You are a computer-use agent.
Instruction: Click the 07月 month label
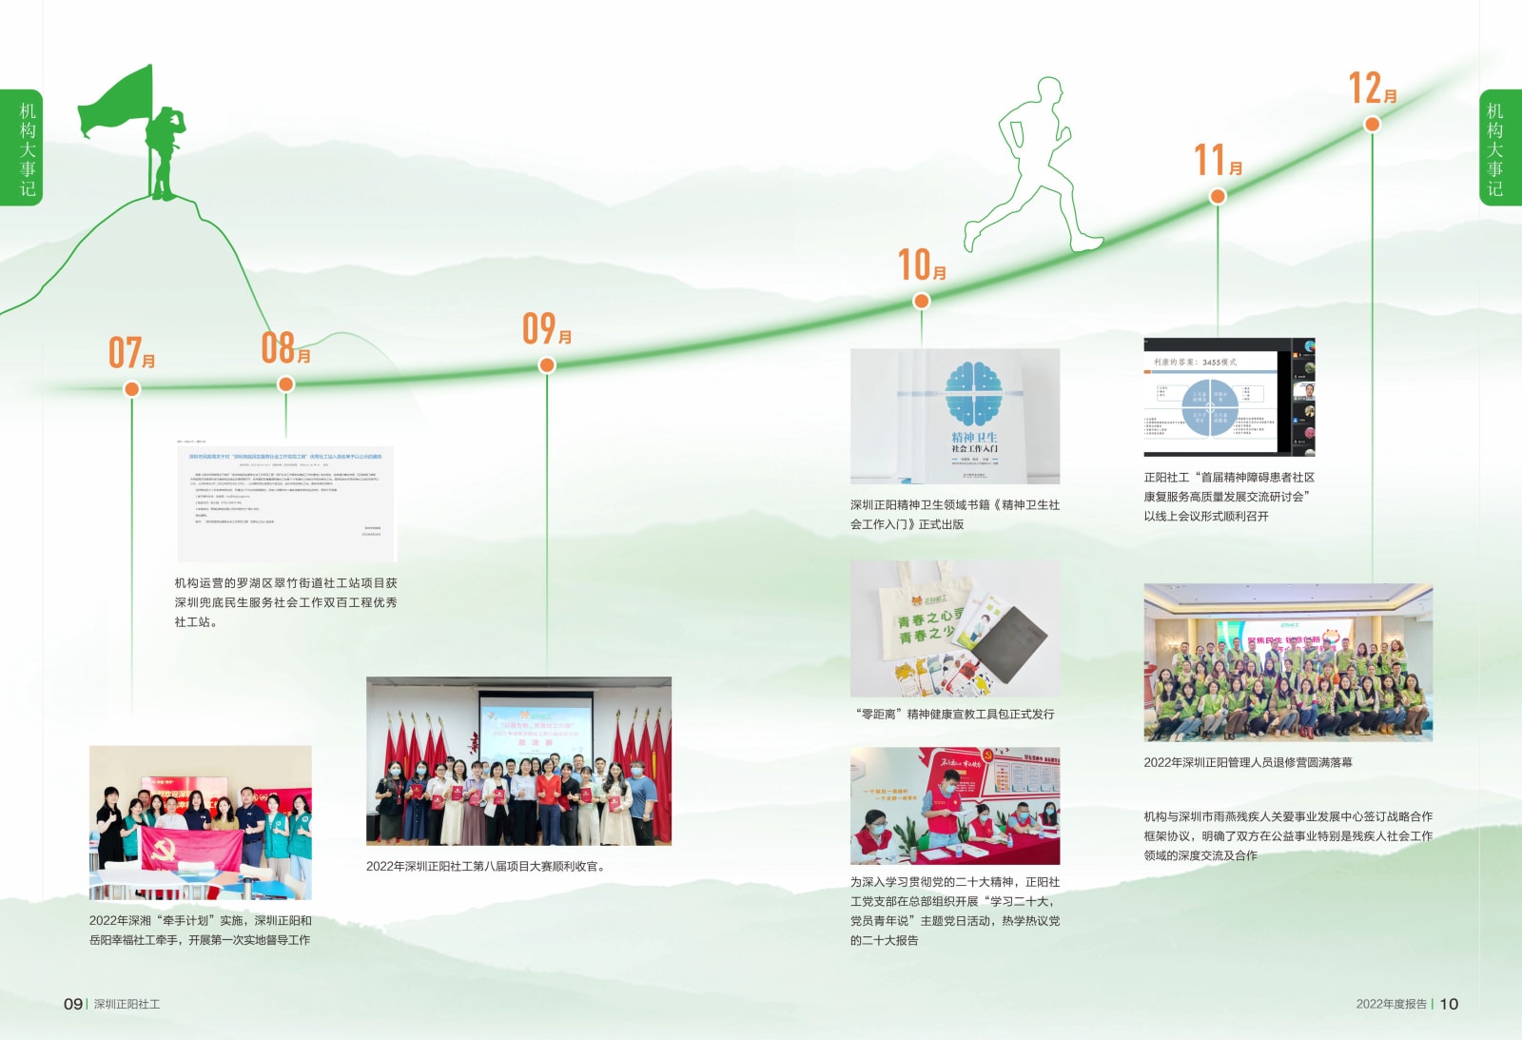coord(131,353)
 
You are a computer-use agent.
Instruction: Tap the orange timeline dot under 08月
coord(285,384)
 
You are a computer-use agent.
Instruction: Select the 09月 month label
coord(546,329)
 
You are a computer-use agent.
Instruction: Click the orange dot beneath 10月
coord(921,302)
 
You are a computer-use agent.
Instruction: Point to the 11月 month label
coord(1218,160)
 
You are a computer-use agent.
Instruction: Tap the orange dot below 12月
coord(1372,124)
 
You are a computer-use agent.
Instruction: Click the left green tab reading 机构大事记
coord(21,147)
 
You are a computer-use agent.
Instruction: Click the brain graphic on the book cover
coord(973,393)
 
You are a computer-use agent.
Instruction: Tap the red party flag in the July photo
coord(190,847)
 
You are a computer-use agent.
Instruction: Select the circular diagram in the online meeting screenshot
coord(1209,408)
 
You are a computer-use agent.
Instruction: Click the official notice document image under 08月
coord(285,501)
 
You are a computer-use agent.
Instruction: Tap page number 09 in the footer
coord(72,1004)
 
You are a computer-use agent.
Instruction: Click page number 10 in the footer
coord(1448,1004)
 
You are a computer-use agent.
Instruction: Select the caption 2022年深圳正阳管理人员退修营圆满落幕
coord(1247,762)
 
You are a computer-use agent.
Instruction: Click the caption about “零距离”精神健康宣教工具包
coord(954,714)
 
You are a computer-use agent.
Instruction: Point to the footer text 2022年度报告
coord(1391,1004)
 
